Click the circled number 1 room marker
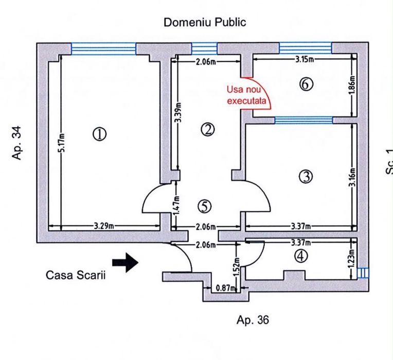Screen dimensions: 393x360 pyautogui.click(x=100, y=134)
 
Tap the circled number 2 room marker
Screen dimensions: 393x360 pyautogui.click(x=208, y=130)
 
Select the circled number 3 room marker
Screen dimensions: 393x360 pyautogui.click(x=306, y=177)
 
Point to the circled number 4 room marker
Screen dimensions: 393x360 pyautogui.click(x=301, y=256)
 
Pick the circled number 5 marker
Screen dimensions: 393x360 pyautogui.click(x=205, y=207)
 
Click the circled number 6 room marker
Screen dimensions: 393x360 pyautogui.click(x=306, y=84)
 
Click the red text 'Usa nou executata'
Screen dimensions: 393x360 pyautogui.click(x=246, y=95)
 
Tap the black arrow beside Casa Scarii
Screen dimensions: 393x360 pyautogui.click(x=125, y=263)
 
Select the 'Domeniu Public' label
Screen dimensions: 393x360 pyautogui.click(x=205, y=22)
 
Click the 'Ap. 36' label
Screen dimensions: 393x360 pyautogui.click(x=253, y=320)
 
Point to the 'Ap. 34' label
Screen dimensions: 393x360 pyautogui.click(x=17, y=143)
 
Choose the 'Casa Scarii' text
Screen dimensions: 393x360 pyautogui.click(x=76, y=275)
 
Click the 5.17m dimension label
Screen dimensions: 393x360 pyautogui.click(x=63, y=143)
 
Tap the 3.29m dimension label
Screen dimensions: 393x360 pyautogui.click(x=104, y=226)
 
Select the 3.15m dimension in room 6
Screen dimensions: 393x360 pyautogui.click(x=305, y=59)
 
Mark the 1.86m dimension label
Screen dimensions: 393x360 pyautogui.click(x=352, y=85)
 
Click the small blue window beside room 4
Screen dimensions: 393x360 pyautogui.click(x=363, y=272)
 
